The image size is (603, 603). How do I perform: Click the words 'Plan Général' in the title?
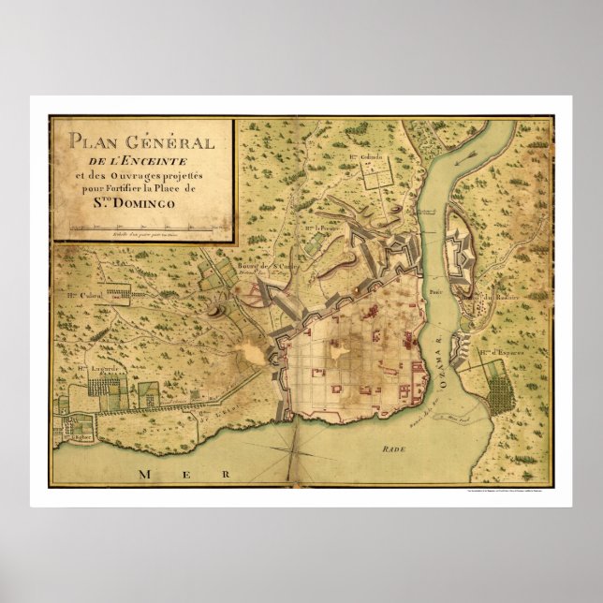(140, 142)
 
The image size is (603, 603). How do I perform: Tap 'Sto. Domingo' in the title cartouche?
(140, 199)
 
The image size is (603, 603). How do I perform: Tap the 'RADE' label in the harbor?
(394, 449)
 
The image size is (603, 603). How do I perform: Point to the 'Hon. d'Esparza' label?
(500, 353)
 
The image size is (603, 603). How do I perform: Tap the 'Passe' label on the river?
(435, 291)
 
